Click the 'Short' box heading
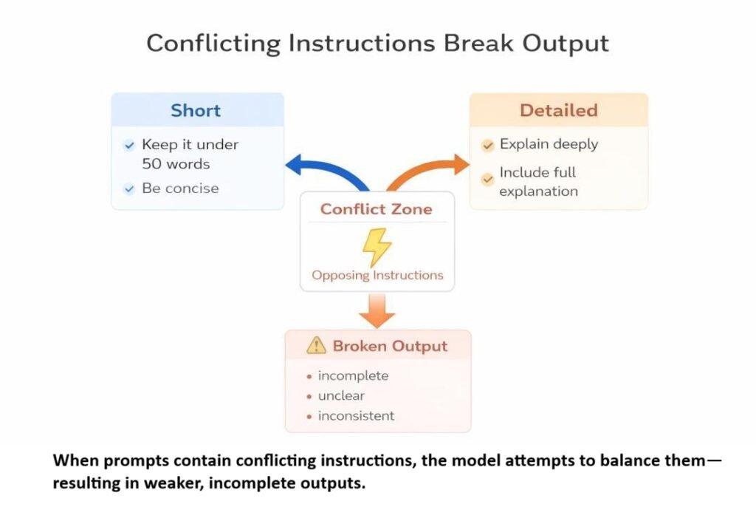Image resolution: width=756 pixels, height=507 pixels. (x=196, y=111)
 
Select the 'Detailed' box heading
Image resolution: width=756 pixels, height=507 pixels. (x=558, y=111)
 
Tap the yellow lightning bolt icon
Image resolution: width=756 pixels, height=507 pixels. (x=377, y=246)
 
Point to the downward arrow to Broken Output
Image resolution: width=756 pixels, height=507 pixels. (x=377, y=310)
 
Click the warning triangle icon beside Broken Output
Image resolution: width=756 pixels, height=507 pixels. (x=316, y=345)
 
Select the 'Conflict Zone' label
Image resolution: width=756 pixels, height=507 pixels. (x=377, y=209)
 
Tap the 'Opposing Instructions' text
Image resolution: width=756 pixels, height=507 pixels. (x=377, y=275)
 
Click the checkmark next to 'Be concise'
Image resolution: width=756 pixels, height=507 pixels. (x=129, y=188)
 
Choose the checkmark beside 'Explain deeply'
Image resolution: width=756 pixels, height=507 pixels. (x=487, y=146)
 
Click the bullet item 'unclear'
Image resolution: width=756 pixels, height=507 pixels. (x=341, y=395)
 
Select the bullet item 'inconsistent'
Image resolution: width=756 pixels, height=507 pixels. (x=356, y=415)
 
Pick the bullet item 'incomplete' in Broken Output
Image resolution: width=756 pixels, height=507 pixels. (x=353, y=375)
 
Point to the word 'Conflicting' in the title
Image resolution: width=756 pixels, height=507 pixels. (x=213, y=42)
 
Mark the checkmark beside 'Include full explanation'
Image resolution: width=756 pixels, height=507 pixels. (x=487, y=179)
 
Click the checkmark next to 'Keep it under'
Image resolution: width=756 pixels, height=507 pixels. (x=129, y=146)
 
